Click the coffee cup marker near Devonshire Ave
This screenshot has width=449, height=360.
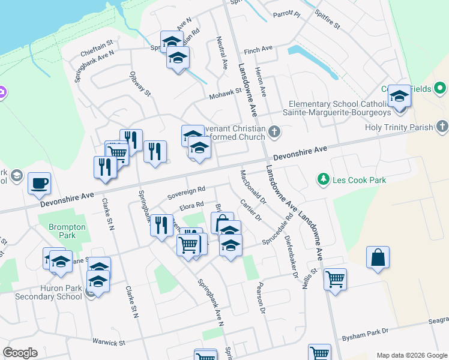pyautogui.click(x=39, y=183)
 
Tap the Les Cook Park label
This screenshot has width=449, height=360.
pyautogui.click(x=358, y=179)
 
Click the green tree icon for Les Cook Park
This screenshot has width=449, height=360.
pyautogui.click(x=324, y=179)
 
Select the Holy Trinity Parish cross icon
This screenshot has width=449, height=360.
pyautogui.click(x=442, y=127)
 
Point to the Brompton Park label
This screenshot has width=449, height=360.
pyautogui.click(x=63, y=231)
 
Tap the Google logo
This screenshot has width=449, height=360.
pyautogui.click(x=20, y=353)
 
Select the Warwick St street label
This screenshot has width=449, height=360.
pyautogui.click(x=108, y=343)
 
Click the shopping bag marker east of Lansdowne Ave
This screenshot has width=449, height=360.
pyautogui.click(x=378, y=257)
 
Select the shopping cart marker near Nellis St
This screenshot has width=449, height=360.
pyautogui.click(x=335, y=278)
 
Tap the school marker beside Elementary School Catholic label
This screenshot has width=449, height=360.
pyautogui.click(x=399, y=96)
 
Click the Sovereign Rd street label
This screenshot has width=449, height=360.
pyautogui.click(x=186, y=193)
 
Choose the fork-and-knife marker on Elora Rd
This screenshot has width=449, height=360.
pyautogui.click(x=161, y=226)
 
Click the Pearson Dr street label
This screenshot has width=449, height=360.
pyautogui.click(x=261, y=298)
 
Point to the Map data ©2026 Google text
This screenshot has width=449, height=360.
pyautogui.click(x=411, y=355)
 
